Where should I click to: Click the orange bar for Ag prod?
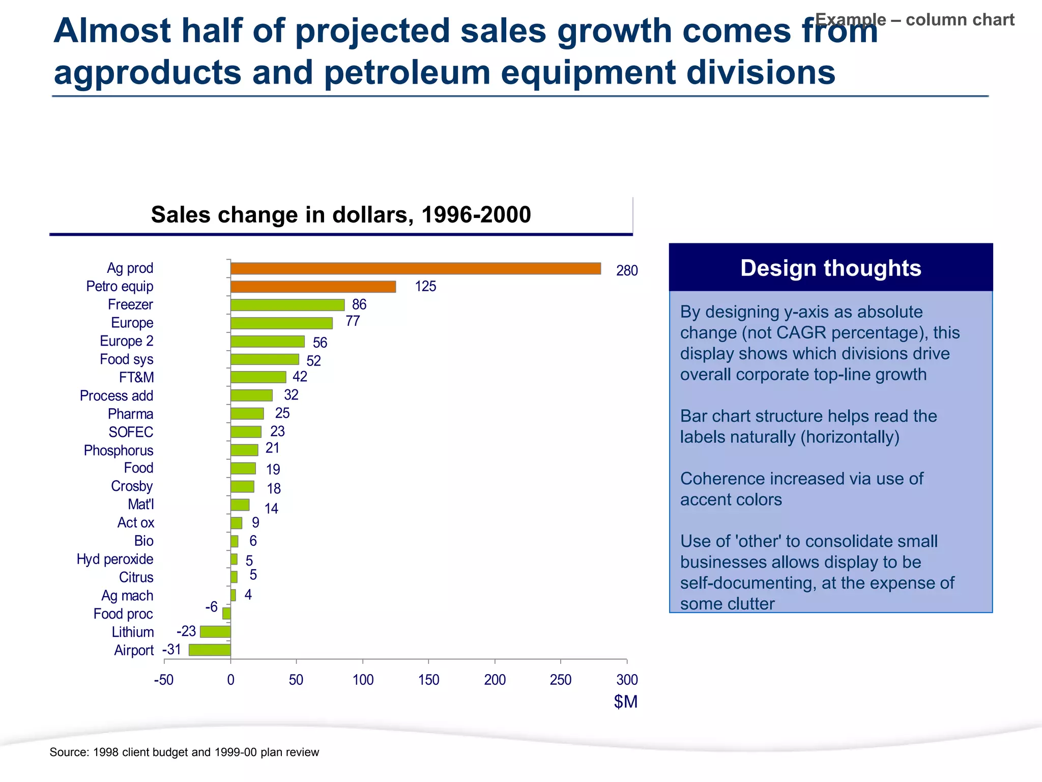[415, 268]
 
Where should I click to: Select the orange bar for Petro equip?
[313, 287]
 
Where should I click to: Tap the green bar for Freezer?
[287, 304]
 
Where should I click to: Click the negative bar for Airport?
[210, 650]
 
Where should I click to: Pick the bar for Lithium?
[215, 632]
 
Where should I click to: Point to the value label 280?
[627, 271]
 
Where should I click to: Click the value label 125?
[425, 287]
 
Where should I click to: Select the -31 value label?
[171, 650]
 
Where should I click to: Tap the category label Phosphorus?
[119, 451]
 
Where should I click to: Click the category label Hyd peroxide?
[115, 559]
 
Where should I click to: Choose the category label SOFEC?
[131, 432]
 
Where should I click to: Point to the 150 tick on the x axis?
[428, 680]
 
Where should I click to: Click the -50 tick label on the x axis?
[164, 680]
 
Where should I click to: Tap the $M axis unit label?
[625, 702]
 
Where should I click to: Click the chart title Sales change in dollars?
[341, 215]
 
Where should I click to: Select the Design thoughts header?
[830, 268]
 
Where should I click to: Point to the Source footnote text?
[184, 752]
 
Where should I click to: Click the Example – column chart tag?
[914, 20]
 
